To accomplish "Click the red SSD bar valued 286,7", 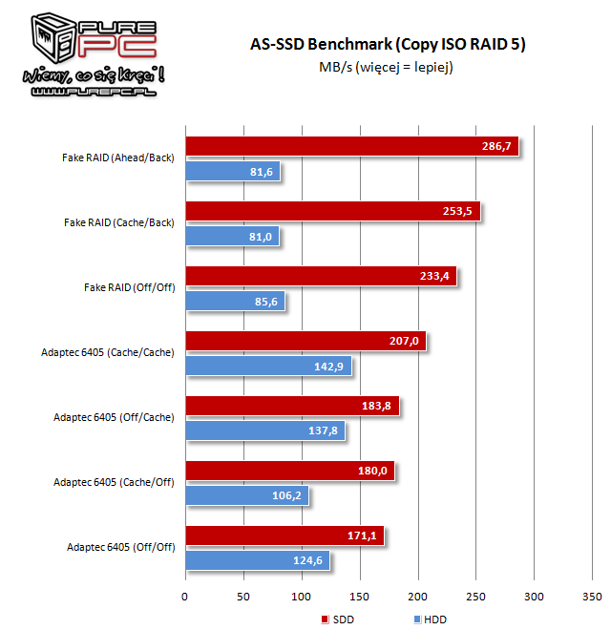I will pyautogui.click(x=351, y=146).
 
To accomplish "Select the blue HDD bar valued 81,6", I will pyautogui.click(x=232, y=171).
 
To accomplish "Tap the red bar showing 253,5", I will pyautogui.click(x=332, y=211).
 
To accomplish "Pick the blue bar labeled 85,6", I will pyautogui.click(x=234, y=301).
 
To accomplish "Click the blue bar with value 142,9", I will pyautogui.click(x=267, y=366).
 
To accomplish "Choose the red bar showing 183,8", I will pyautogui.click(x=291, y=407).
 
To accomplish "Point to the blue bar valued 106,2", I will pyautogui.click(x=246, y=495).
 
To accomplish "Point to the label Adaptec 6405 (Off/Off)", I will pyautogui.click(x=120, y=548).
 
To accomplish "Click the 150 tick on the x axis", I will pyautogui.click(x=360, y=597).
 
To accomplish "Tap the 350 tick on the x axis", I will pyautogui.click(x=593, y=597).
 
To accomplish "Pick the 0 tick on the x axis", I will pyautogui.click(x=185, y=597).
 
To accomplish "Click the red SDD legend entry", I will pyautogui.click(x=339, y=619).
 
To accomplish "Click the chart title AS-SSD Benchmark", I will pyautogui.click(x=388, y=45).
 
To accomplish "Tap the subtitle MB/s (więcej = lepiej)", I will pyautogui.click(x=388, y=67).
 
